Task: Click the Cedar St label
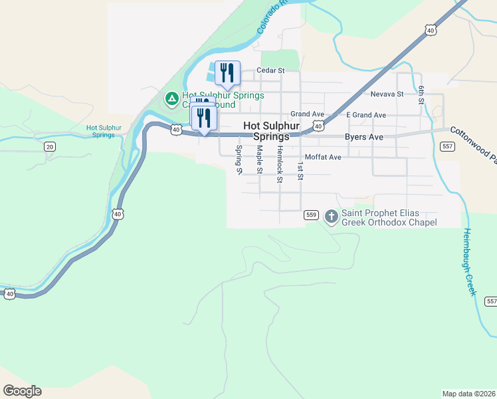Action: point(270,70)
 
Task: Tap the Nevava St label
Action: point(387,94)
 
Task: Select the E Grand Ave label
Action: point(366,115)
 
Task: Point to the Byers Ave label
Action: point(364,137)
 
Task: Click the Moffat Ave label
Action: point(322,158)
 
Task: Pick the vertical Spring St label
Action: point(239,160)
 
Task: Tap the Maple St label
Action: point(259,161)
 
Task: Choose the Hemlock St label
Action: point(280,164)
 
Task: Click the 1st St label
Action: point(300,171)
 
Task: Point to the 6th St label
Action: point(421,95)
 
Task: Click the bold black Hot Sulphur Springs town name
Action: point(266,130)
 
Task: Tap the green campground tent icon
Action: point(171,99)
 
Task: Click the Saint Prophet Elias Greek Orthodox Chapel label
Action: point(389,218)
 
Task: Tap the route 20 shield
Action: point(49,146)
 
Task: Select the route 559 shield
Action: point(311,215)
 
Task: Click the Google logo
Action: point(22,391)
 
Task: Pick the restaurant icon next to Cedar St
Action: point(227,72)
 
